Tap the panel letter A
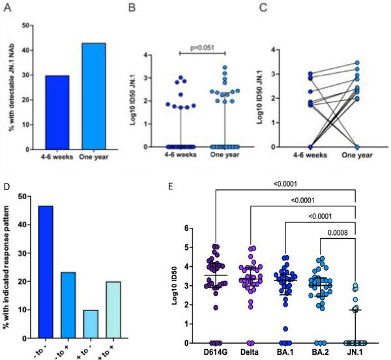(7, 8)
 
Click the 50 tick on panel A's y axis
(25, 25)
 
